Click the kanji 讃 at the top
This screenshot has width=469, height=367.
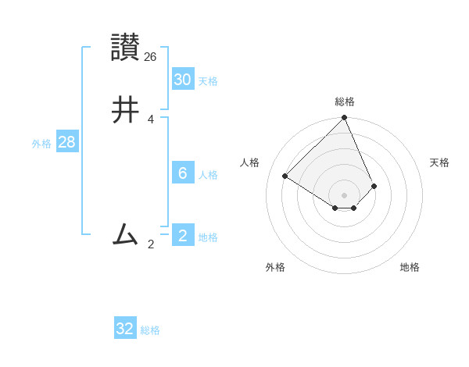126,48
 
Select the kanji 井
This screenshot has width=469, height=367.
126,110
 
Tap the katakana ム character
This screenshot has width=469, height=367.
125,234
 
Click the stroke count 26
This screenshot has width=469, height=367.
151,56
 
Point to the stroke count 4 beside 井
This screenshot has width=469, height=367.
150,119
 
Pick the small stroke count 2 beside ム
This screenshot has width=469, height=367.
150,244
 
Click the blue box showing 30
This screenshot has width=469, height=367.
182,80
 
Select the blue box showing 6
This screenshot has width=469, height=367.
182,173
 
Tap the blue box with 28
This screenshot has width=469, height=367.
66,142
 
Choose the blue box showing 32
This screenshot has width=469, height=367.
125,329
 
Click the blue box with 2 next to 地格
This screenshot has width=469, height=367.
182,236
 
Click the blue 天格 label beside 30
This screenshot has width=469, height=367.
208,81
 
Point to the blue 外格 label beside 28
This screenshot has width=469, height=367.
41,144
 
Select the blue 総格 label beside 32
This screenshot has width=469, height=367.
150,330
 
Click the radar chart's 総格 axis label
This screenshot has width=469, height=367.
345,102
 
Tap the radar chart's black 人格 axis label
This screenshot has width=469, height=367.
250,162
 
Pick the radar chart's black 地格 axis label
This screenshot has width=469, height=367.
410,267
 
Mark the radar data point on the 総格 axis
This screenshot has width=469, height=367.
345,119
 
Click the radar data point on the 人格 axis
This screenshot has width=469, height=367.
285,176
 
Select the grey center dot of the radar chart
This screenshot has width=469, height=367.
345,194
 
